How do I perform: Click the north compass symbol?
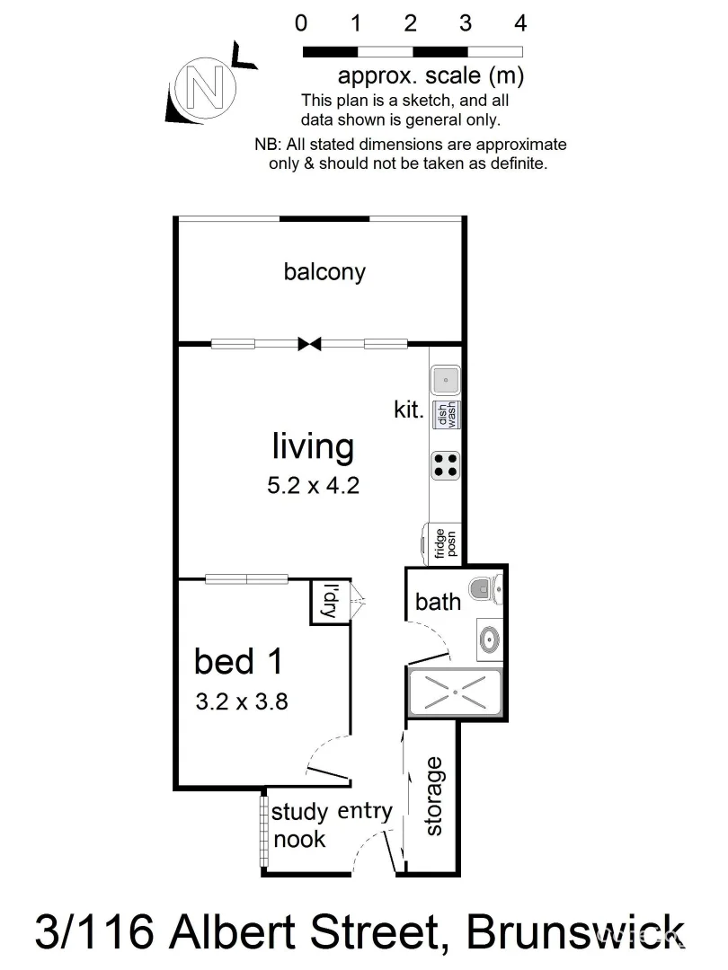click(x=207, y=88)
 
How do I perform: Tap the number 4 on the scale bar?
click(x=519, y=23)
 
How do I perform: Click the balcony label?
click(x=324, y=271)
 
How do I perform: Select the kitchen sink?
click(x=446, y=381)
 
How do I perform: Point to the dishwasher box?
click(x=447, y=414)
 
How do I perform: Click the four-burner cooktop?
click(x=446, y=464)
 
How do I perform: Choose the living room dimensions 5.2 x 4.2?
click(x=313, y=486)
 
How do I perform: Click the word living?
click(x=313, y=445)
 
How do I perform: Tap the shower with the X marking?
click(x=456, y=692)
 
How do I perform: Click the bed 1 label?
click(x=239, y=662)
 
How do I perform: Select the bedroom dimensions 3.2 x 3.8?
click(x=241, y=701)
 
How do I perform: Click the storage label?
click(x=434, y=797)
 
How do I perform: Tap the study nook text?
click(x=299, y=826)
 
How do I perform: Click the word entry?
click(x=365, y=811)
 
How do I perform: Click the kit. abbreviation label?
click(x=409, y=410)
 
